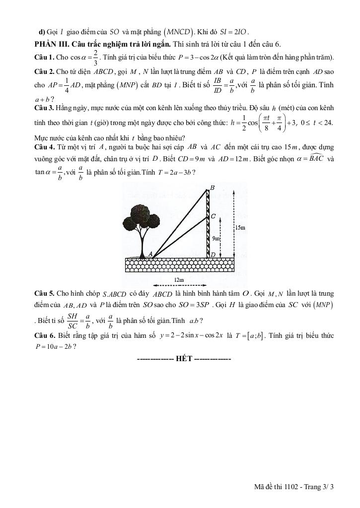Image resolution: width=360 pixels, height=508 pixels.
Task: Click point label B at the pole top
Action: click(x=213, y=187)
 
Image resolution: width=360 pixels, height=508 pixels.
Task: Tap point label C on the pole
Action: click(x=213, y=217)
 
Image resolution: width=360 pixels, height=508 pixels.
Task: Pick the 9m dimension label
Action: click(x=216, y=238)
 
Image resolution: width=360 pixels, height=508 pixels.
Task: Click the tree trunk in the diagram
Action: click(x=142, y=243)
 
